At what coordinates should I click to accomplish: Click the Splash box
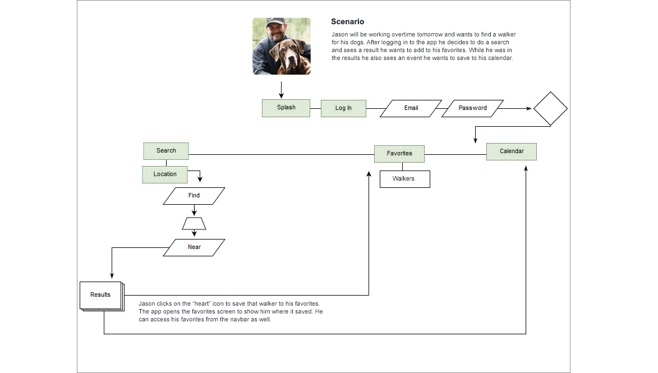[286, 108]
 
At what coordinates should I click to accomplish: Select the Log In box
[343, 108]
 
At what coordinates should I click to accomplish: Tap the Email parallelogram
[411, 108]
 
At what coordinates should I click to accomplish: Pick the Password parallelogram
[472, 108]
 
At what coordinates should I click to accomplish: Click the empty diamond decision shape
[550, 108]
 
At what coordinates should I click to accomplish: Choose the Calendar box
[512, 151]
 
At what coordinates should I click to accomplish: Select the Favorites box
[399, 154]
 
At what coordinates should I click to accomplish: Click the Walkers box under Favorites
[404, 179]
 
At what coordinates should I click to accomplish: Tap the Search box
[166, 151]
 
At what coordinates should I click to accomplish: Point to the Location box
[165, 174]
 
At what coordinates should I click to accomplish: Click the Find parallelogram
[194, 196]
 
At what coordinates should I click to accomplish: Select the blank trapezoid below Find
[194, 224]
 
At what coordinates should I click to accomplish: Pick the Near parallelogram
[194, 247]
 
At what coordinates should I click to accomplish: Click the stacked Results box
[100, 295]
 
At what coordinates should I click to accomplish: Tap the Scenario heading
[347, 22]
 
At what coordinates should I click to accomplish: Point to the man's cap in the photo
[275, 22]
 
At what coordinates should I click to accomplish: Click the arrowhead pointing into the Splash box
[281, 96]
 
